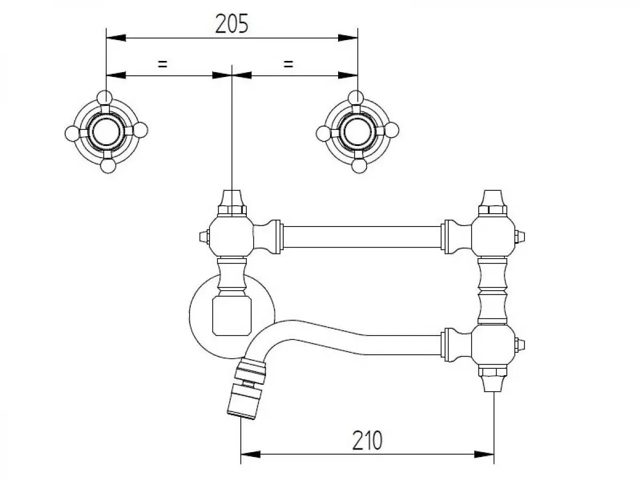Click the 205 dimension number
[232, 24]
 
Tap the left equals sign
[163, 64]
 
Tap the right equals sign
[288, 64]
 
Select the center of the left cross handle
[106, 131]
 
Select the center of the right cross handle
[357, 131]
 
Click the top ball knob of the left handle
[105, 98]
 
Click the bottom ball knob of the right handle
[359, 166]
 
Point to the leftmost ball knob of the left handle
[72, 134]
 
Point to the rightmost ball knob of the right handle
[392, 130]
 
